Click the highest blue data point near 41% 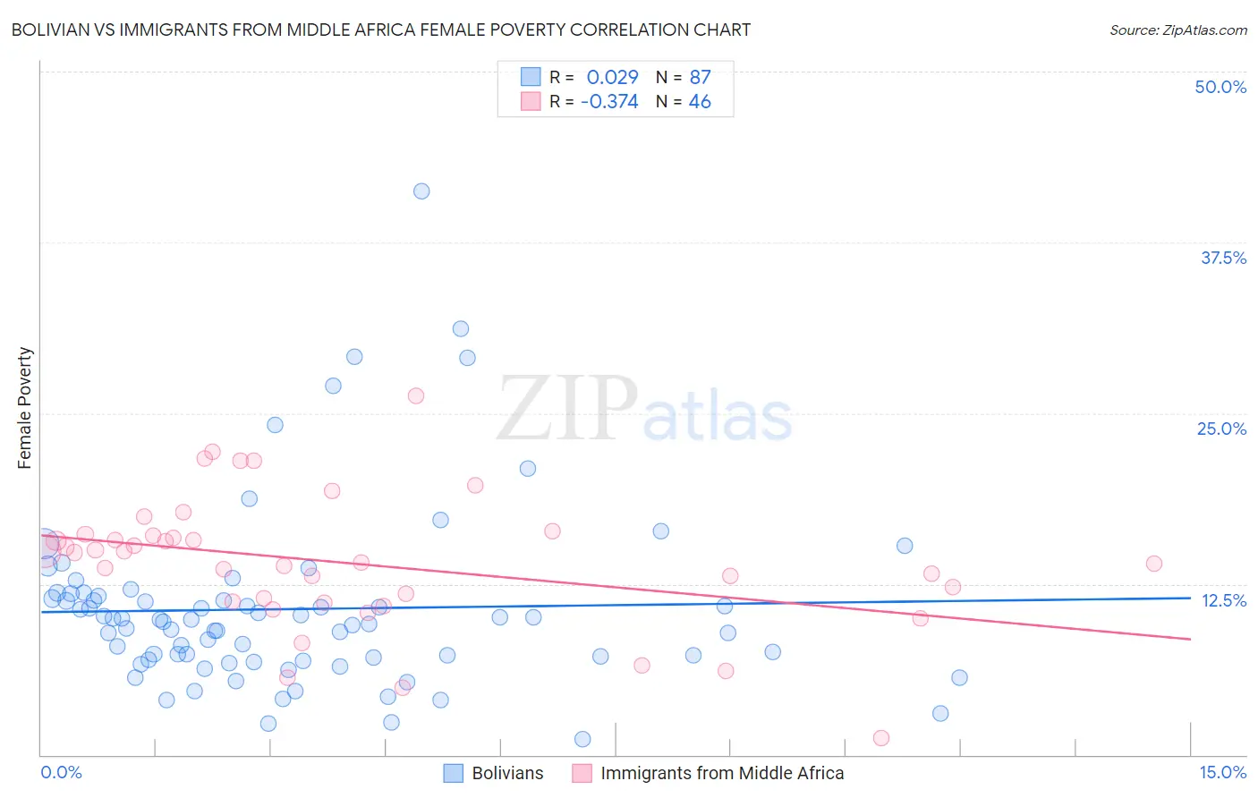click(x=421, y=191)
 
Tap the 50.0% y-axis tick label click(x=1220, y=87)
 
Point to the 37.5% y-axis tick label click(x=1223, y=258)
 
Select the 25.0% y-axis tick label click(x=1221, y=429)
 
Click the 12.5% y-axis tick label click(x=1223, y=600)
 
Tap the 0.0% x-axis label click(x=61, y=772)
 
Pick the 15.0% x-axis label click(x=1222, y=772)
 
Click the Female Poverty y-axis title click(x=25, y=408)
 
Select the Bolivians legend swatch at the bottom click(x=454, y=773)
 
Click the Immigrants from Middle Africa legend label click(x=722, y=773)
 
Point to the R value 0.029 click(x=612, y=78)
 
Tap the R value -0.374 click(x=609, y=102)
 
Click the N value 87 click(x=700, y=78)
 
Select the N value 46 click(x=700, y=102)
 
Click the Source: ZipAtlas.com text click(x=1177, y=30)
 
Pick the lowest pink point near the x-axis click(x=880, y=738)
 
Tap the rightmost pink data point click(x=1153, y=564)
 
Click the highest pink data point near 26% click(x=415, y=395)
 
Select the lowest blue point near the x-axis click(x=582, y=739)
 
